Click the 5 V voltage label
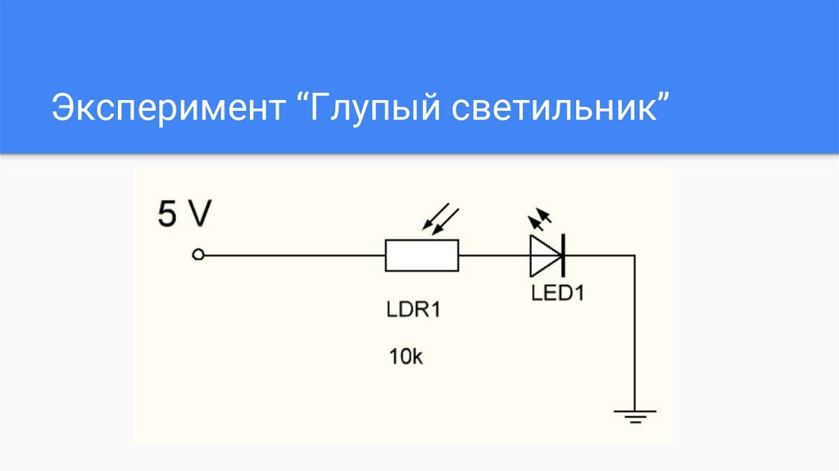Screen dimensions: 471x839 (x=184, y=215)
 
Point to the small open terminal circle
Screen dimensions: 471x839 (x=197, y=255)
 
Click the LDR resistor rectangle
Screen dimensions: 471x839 (x=422, y=255)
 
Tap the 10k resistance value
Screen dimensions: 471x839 (x=406, y=358)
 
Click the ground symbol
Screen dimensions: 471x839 (x=633, y=414)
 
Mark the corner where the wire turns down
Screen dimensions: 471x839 (x=633, y=255)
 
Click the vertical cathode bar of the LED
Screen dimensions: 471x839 (x=564, y=255)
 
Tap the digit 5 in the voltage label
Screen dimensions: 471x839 (x=167, y=215)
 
